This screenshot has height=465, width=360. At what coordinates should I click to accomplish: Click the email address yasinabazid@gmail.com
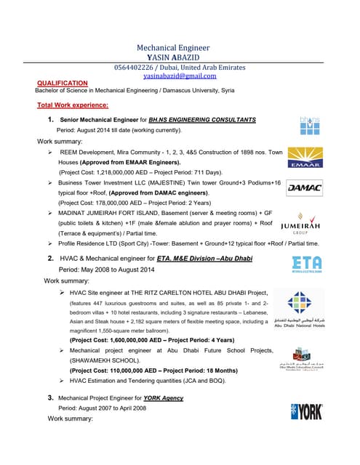point(180,76)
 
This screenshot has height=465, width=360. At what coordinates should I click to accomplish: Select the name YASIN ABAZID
point(180,57)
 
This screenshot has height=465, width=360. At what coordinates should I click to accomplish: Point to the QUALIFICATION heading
point(63,84)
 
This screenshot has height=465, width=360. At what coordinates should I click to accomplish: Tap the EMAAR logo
point(305,155)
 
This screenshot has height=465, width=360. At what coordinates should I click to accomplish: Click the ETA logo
point(306,265)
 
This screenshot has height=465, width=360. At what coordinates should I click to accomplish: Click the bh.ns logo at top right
point(310,126)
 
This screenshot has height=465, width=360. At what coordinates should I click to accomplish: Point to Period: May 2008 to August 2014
point(108,269)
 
